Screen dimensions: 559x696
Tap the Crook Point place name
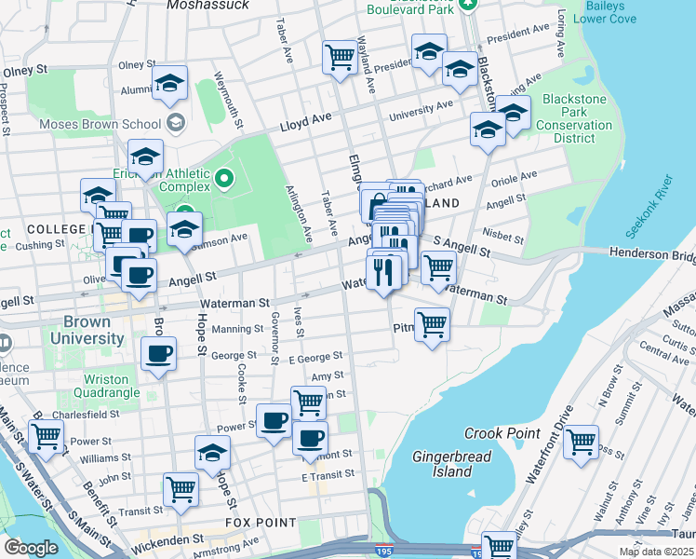point(502,434)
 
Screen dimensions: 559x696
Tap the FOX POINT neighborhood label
point(261,524)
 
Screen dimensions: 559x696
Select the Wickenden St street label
point(167,539)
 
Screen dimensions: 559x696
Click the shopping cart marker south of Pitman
point(432,325)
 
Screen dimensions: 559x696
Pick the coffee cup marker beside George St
point(157,354)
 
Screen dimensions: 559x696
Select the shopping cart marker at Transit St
point(181,488)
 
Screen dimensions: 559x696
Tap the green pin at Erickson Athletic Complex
point(222,177)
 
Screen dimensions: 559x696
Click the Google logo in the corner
point(30,548)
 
